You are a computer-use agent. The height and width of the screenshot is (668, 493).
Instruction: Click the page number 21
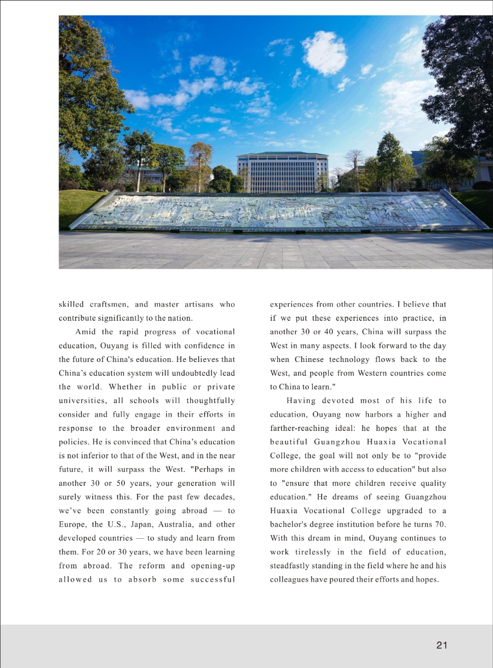[x=442, y=645]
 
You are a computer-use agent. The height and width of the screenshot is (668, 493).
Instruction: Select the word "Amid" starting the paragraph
[x=86, y=332]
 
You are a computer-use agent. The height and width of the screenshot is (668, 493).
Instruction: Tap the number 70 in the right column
[x=439, y=525]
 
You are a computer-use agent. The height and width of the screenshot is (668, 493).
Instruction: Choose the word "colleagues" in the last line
[x=289, y=579]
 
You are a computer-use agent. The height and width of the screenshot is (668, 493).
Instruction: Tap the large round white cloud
[x=324, y=53]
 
